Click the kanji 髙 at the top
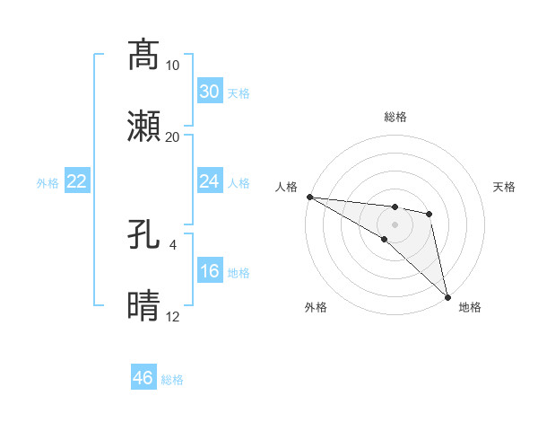pyautogui.click(x=143, y=55)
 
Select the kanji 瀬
pyautogui.click(x=143, y=127)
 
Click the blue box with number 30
pyautogui.click(x=210, y=92)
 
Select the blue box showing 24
pyautogui.click(x=210, y=181)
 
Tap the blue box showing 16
pyautogui.click(x=210, y=272)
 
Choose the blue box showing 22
pyautogui.click(x=77, y=182)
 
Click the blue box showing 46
pyautogui.click(x=143, y=378)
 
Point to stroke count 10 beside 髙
pyautogui.click(x=173, y=66)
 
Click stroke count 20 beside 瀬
pyautogui.click(x=173, y=137)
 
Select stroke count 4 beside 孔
pyautogui.click(x=173, y=244)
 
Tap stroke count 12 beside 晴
pyautogui.click(x=173, y=317)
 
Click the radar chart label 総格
pyautogui.click(x=395, y=118)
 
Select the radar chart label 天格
pyautogui.click(x=505, y=187)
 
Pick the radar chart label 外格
pyautogui.click(x=315, y=307)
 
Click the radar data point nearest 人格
pyautogui.click(x=309, y=197)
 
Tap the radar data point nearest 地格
pyautogui.click(x=448, y=296)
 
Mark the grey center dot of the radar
pyautogui.click(x=395, y=224)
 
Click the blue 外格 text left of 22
pyautogui.click(x=48, y=183)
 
